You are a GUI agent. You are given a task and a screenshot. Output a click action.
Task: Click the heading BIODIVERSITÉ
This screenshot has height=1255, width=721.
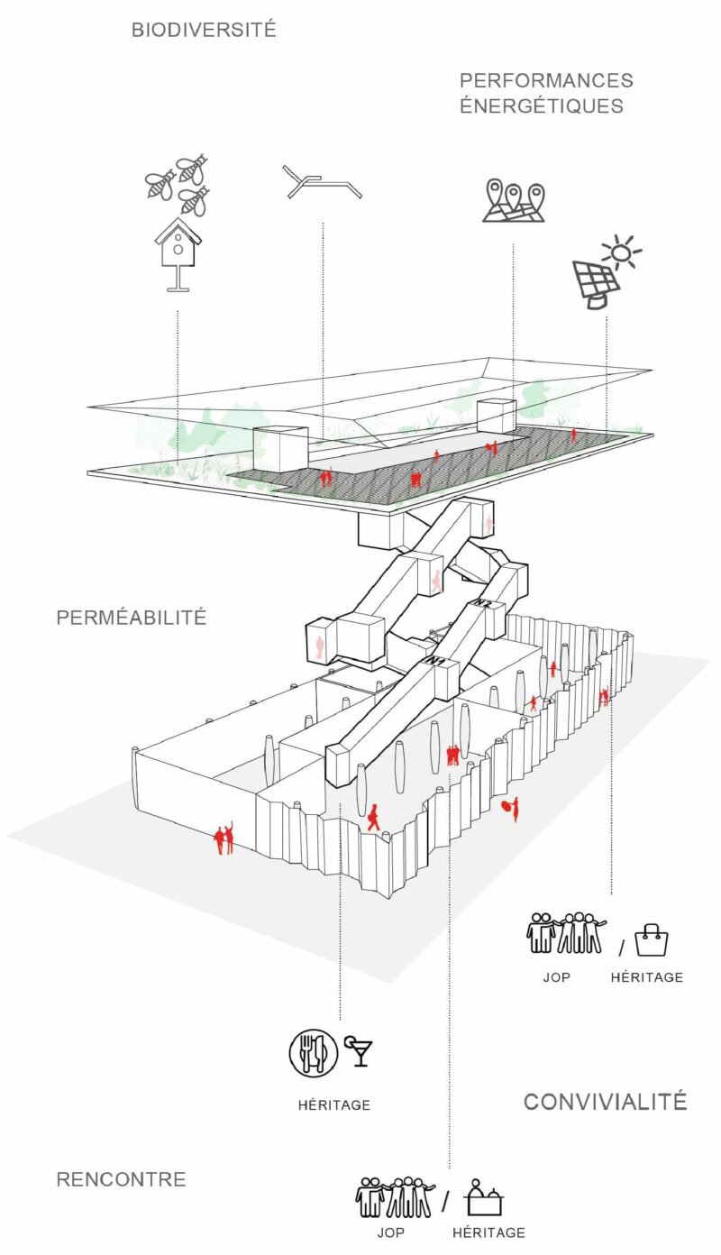tap(204, 30)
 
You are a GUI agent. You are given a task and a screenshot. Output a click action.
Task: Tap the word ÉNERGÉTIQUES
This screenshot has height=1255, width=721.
tap(542, 105)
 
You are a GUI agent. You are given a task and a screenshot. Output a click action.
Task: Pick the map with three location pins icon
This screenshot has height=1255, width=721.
tap(514, 201)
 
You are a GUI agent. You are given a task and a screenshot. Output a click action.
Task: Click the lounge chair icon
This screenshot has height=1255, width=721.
tap(321, 182)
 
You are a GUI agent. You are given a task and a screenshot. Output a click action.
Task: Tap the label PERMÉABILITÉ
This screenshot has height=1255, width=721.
tap(132, 618)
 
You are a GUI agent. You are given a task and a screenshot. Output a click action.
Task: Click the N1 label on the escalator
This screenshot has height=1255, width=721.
tap(438, 663)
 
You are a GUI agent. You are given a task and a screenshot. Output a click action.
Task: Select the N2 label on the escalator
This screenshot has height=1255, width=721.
tap(484, 601)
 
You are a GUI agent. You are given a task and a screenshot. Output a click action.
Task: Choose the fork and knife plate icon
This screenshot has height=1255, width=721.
tap(313, 1052)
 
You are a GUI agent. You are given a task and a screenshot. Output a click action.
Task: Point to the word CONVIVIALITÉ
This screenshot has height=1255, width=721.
tap(605, 1102)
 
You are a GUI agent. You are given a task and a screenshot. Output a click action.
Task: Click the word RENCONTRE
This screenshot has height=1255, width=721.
tap(121, 1179)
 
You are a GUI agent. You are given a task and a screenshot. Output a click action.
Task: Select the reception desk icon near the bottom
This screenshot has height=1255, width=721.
tap(484, 1199)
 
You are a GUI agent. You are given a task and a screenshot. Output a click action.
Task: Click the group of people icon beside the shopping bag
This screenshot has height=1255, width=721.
tap(566, 933)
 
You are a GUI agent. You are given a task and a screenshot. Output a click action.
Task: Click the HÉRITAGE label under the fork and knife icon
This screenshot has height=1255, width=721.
tap(333, 1105)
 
